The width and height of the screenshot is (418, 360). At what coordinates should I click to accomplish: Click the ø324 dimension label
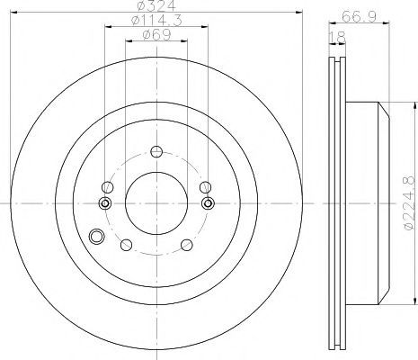[156, 5]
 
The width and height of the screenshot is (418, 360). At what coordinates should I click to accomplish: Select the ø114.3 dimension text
[156, 21]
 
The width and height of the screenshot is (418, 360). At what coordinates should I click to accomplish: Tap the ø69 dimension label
[156, 34]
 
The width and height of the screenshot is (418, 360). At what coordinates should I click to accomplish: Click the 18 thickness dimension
[338, 38]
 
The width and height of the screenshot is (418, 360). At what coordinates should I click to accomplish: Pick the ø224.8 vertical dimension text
[411, 203]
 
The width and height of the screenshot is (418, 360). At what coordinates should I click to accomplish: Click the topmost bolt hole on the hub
[156, 151]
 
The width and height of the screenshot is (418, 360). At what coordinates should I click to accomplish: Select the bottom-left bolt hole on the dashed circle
[126, 245]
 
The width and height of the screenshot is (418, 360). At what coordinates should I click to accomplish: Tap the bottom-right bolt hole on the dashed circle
[187, 245]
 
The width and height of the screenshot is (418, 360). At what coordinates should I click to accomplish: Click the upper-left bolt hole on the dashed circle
[108, 187]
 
